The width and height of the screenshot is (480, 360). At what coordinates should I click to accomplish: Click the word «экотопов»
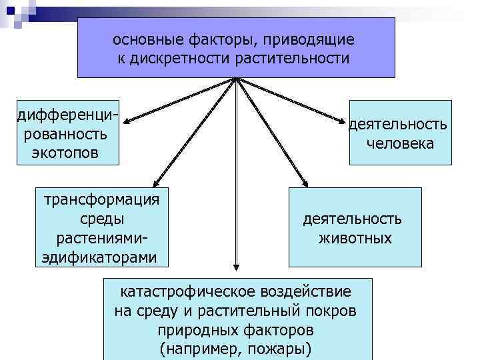64,153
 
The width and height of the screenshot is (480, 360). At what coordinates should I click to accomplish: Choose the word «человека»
400,143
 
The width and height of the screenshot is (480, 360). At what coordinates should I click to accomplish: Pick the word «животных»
355,238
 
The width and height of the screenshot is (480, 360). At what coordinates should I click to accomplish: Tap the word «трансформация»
101,200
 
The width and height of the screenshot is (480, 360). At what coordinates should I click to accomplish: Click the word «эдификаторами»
100,257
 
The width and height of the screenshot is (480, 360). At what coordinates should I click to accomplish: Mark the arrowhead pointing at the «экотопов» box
127,121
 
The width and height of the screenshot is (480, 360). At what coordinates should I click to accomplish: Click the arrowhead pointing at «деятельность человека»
345,121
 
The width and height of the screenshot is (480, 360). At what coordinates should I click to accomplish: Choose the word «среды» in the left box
101,219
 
